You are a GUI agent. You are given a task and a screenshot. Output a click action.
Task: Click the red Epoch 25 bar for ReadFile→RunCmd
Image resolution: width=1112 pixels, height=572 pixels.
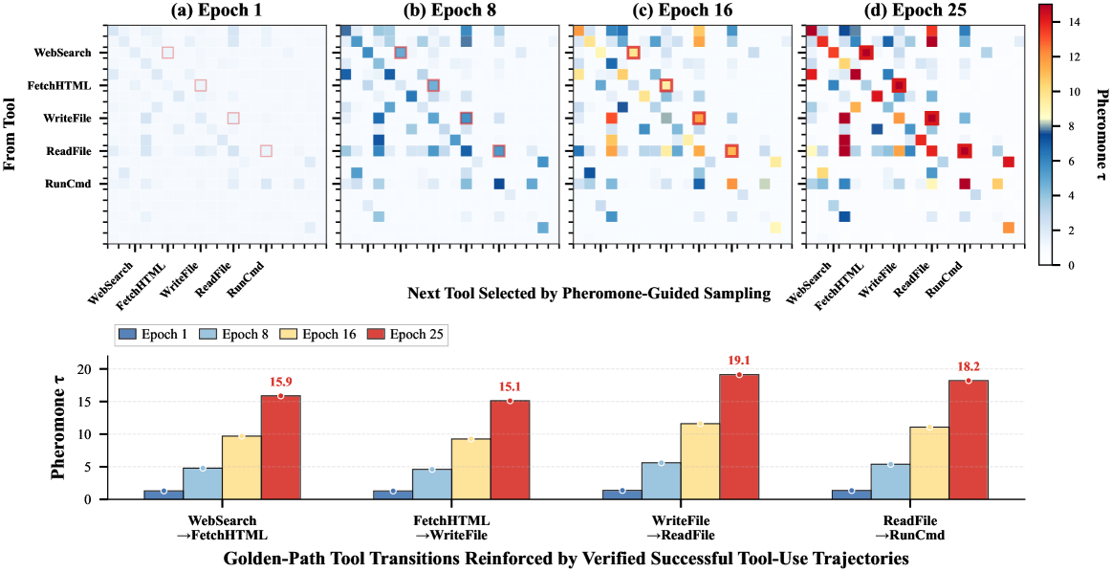point(968,439)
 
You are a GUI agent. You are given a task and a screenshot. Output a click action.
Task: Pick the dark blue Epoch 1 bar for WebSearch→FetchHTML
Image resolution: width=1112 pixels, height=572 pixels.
point(164,494)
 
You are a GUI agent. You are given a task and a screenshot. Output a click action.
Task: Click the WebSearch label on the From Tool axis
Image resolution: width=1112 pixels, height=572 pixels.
point(62,53)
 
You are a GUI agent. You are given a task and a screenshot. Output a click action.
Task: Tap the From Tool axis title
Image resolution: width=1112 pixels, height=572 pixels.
point(11,133)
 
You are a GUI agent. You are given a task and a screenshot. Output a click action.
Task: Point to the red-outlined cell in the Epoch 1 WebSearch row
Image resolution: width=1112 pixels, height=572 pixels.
point(167,53)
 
